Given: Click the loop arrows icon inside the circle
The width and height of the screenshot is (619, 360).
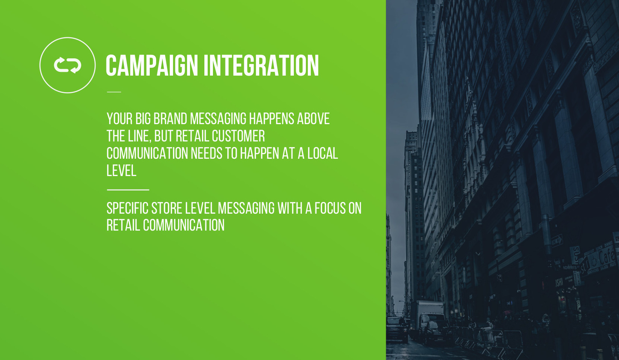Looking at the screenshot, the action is point(67,65).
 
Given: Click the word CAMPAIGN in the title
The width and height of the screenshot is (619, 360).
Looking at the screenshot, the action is point(152,65).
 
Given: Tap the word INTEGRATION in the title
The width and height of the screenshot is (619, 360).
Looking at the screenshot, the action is point(262,65).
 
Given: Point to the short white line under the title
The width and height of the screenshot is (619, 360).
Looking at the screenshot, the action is point(114,92).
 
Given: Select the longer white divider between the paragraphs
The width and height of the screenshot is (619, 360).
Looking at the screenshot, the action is point(128,190).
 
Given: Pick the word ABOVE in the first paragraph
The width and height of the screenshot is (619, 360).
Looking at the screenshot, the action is point(313,119).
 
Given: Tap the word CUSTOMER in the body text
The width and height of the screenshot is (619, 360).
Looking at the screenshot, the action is point(238,136).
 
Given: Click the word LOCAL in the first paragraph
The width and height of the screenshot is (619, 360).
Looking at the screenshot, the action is point(323,153).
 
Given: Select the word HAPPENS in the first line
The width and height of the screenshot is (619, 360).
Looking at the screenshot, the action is point(272,119).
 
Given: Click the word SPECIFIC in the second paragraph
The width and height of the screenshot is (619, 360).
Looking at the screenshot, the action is point(128,208).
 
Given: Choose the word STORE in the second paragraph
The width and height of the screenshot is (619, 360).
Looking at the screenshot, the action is point(167,208).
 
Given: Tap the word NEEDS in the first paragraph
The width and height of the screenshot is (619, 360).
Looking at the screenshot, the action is point(207,153).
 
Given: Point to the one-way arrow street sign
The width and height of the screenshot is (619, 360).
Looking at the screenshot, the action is point(557,241).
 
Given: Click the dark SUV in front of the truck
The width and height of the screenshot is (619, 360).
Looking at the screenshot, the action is point(397,329).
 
